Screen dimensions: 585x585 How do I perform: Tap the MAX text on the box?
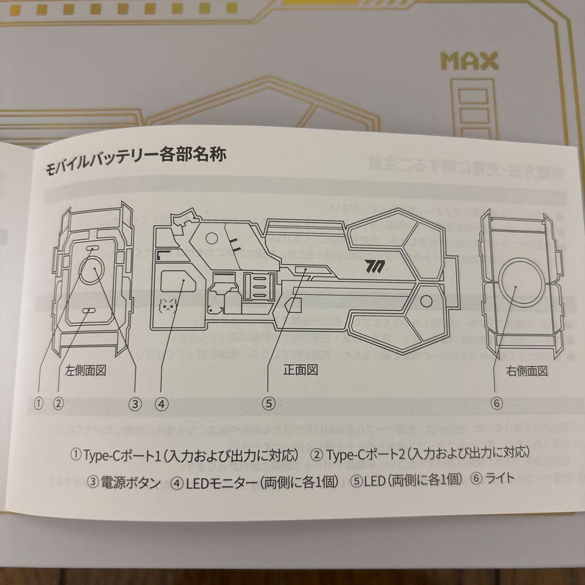coord(469,61)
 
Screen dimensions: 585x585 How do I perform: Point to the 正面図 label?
coord(300,369)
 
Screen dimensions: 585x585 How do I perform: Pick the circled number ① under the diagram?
coord(38,402)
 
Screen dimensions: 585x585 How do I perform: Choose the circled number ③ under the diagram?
coord(135,403)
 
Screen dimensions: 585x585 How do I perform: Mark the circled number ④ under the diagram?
coord(161,403)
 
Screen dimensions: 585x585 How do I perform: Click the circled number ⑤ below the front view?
coord(269,403)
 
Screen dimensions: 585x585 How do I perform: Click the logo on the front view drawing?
coord(374,266)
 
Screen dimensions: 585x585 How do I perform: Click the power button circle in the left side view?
coord(93,270)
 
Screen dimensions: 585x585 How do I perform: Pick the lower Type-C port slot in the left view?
coord(89,310)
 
